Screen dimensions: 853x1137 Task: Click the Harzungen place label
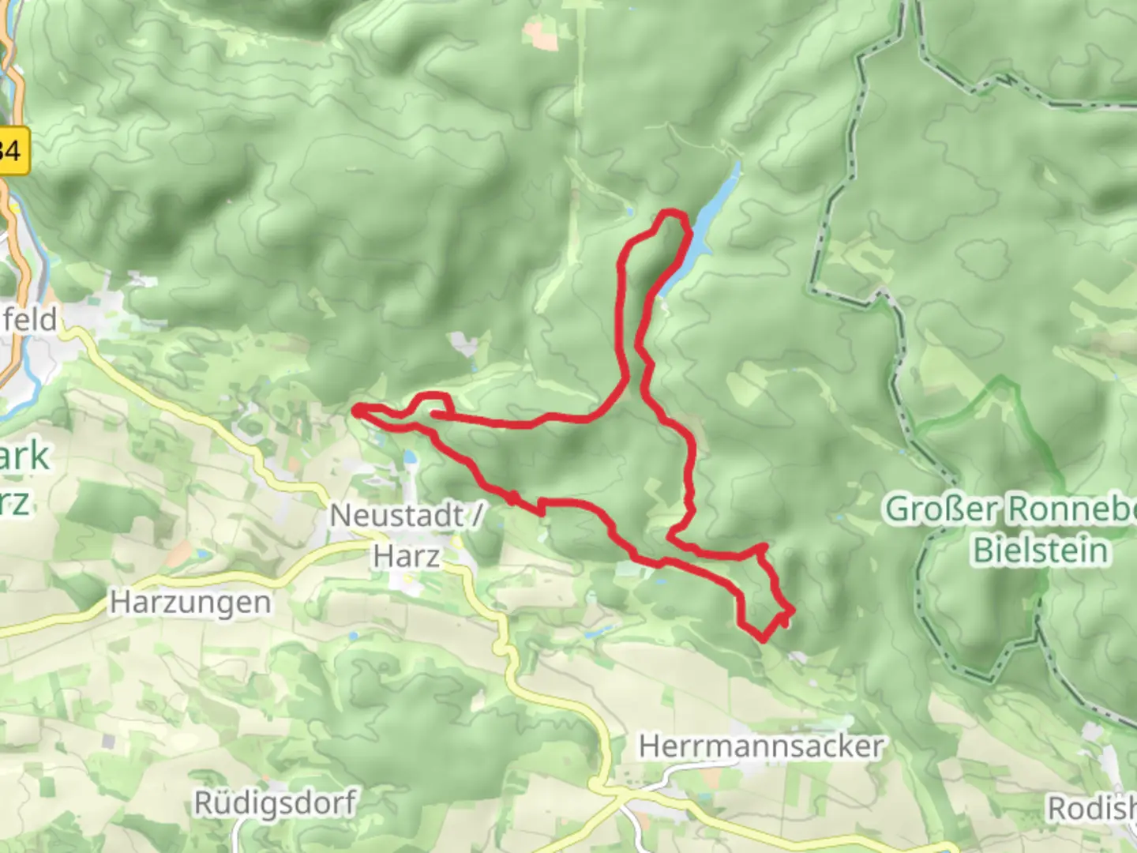coord(190,603)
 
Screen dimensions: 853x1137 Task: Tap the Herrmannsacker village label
coord(761,746)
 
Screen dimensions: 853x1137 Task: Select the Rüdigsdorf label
coord(275,803)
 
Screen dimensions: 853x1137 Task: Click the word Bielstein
coord(1040,550)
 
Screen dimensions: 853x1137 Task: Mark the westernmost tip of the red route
coord(356,409)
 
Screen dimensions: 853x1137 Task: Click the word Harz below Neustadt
coord(406,556)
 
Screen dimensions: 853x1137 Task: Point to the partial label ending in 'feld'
coord(30,320)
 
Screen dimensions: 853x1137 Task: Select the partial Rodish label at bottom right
coord(1091,808)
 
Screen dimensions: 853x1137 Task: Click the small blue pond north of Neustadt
coord(410,458)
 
